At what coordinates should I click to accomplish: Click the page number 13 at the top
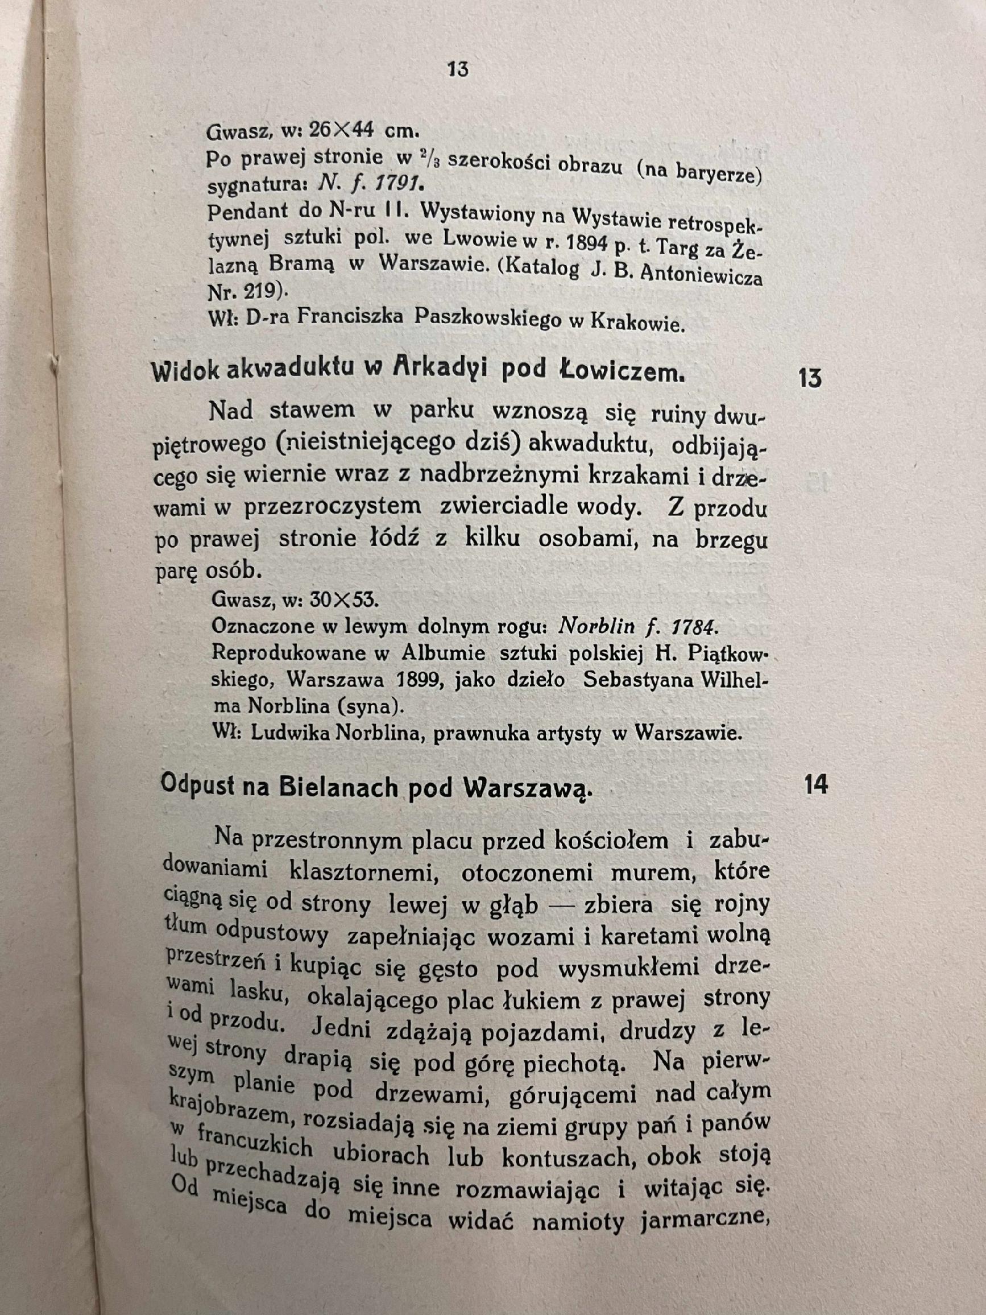pyautogui.click(x=458, y=69)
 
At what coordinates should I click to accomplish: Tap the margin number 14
pyautogui.click(x=815, y=785)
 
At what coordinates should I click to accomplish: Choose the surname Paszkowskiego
pyautogui.click(x=487, y=318)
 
